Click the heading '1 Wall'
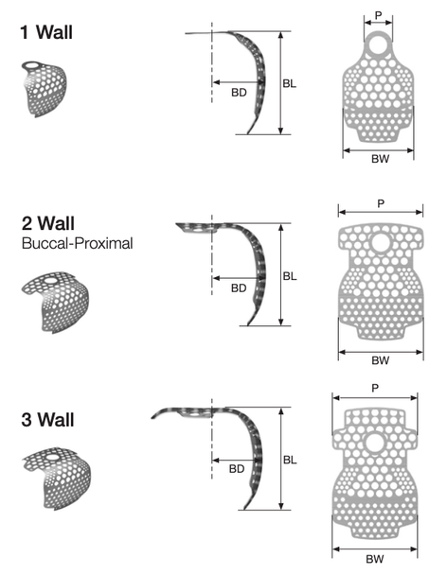point(46,32)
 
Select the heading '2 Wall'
point(48,223)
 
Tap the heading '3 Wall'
point(47,420)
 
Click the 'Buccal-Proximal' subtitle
point(77,243)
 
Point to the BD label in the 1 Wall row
point(239,93)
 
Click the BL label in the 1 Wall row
point(290,83)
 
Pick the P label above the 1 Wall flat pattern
point(378,15)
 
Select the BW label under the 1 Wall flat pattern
point(380,159)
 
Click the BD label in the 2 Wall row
point(239,288)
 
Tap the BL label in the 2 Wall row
point(290,276)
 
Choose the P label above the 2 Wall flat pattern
point(381,203)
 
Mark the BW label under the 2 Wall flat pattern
point(380,360)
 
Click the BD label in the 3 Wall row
point(237,469)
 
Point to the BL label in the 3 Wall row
point(290,460)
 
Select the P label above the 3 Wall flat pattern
point(375,388)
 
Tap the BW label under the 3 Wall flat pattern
point(375,559)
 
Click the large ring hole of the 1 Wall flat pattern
point(378,45)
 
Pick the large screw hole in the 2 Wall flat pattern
point(382,242)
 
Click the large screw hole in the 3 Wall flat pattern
point(375,443)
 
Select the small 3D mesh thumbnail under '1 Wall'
point(45,89)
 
